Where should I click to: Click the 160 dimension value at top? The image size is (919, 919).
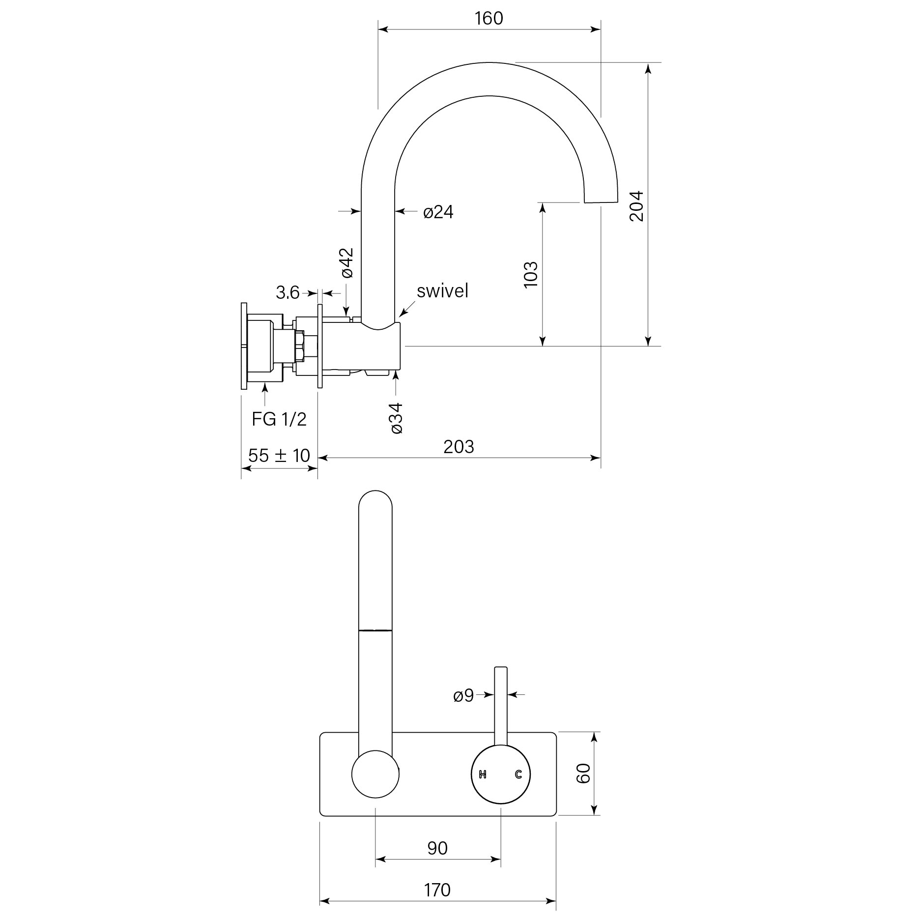(488, 19)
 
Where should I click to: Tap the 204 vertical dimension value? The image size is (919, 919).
(636, 206)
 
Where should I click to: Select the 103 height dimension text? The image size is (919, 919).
(531, 275)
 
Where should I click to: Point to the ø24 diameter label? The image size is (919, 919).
(438, 212)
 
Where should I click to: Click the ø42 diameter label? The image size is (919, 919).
(347, 263)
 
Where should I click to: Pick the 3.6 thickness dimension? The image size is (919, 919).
(287, 293)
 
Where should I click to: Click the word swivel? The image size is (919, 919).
(442, 291)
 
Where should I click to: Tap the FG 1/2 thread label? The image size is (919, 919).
(279, 419)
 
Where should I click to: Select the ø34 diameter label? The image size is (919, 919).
(397, 418)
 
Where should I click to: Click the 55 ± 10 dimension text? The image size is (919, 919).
(279, 456)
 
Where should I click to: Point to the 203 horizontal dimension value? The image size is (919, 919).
(459, 447)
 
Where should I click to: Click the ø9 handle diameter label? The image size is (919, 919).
(463, 696)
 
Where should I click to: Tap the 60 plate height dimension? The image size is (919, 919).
(583, 774)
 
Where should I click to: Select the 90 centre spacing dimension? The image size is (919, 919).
(437, 848)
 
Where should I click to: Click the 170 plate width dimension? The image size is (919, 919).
(437, 890)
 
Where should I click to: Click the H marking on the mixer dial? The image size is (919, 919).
(483, 775)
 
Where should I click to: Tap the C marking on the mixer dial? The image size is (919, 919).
(518, 775)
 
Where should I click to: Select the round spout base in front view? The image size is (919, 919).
(375, 774)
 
